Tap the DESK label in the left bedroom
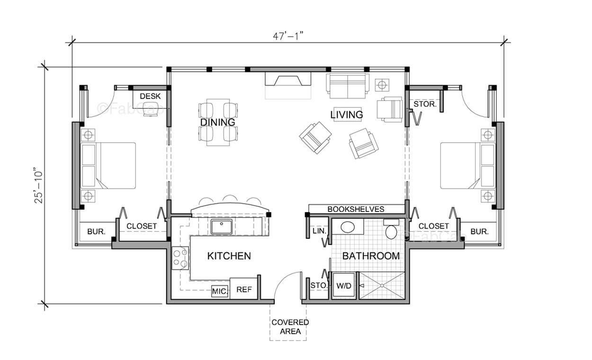(x=150, y=96)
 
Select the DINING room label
(x=217, y=122)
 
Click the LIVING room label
(x=347, y=115)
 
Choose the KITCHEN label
(x=229, y=256)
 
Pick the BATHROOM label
(x=371, y=256)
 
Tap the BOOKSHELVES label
(x=356, y=209)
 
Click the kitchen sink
(x=221, y=227)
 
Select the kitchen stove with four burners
(x=180, y=258)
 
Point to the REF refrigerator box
(x=244, y=289)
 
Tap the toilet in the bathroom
(x=391, y=231)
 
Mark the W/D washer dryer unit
(x=343, y=286)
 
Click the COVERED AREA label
(x=290, y=327)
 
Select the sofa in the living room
(x=347, y=84)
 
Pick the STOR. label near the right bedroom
(x=425, y=104)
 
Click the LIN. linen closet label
(x=318, y=231)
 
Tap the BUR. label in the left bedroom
(x=96, y=232)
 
